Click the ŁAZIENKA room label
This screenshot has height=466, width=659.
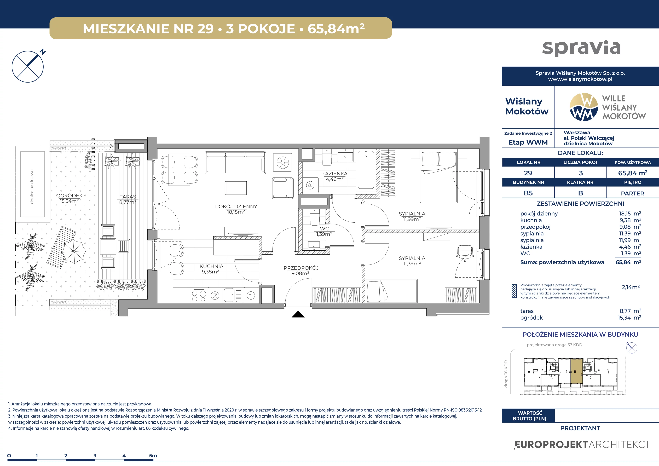335,174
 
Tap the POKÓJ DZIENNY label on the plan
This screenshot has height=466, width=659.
236,206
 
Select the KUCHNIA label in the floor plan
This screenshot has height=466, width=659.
211,266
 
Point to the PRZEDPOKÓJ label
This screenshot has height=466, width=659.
301,268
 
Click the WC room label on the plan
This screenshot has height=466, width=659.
324,229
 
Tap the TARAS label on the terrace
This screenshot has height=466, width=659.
128,197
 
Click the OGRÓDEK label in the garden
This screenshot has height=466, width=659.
70,195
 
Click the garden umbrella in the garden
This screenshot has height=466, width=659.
74,252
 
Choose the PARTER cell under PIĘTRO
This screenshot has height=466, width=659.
633,193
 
